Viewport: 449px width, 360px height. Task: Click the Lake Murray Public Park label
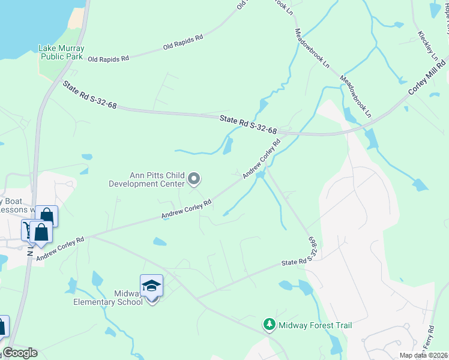(x=61, y=52)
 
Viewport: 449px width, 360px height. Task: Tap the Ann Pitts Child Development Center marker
(x=194, y=178)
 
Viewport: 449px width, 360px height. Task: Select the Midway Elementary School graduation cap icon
(x=151, y=286)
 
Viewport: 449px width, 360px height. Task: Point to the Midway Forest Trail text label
(x=315, y=325)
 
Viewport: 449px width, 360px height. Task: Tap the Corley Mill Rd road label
(x=427, y=77)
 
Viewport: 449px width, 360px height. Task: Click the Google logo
(x=20, y=353)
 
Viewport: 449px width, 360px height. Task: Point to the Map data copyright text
(x=423, y=355)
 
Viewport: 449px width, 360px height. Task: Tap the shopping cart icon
(x=28, y=230)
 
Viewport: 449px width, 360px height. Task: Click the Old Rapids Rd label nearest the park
(x=108, y=59)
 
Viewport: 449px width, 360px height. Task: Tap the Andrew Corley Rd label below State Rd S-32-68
(x=262, y=160)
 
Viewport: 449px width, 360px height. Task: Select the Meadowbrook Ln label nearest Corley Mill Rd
(x=356, y=96)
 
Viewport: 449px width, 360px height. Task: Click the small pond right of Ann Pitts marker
(x=228, y=146)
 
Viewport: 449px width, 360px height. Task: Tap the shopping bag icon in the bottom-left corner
(x=2, y=328)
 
